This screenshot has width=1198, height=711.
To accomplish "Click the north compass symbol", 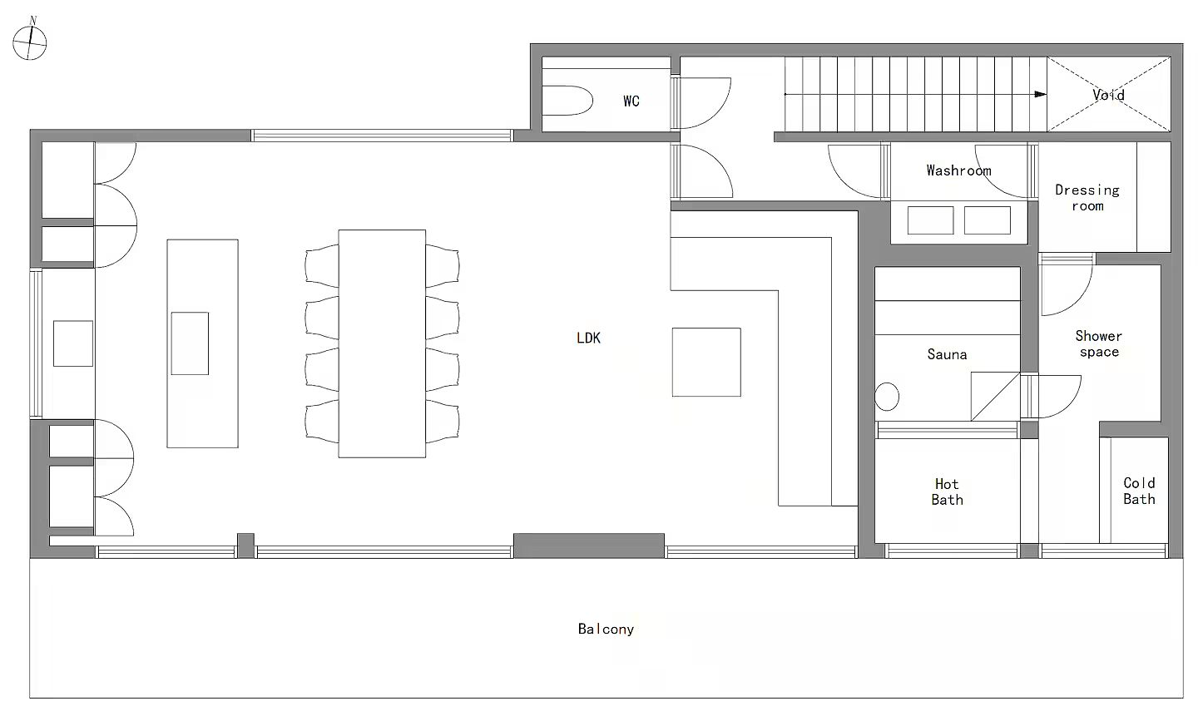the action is pyautogui.click(x=30, y=41).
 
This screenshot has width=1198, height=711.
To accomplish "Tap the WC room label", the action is pyautogui.click(x=631, y=101).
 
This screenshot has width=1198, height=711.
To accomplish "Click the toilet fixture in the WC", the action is pyautogui.click(x=567, y=101).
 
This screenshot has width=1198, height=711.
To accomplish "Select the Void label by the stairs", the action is pyautogui.click(x=1108, y=95).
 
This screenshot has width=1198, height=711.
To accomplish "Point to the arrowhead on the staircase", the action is pyautogui.click(x=1040, y=95).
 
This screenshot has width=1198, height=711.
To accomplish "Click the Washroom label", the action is pyautogui.click(x=958, y=170).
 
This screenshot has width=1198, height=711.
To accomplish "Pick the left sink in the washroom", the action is pyautogui.click(x=931, y=220).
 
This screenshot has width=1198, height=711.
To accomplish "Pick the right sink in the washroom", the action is pyautogui.click(x=988, y=220).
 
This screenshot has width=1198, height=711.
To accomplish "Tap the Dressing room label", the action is pyautogui.click(x=1087, y=198).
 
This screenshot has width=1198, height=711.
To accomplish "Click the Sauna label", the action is pyautogui.click(x=947, y=354).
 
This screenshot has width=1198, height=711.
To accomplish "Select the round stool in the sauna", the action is pyautogui.click(x=887, y=397).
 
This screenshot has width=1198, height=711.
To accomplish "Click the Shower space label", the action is pyautogui.click(x=1098, y=343).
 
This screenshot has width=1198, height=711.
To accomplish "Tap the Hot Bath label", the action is pyautogui.click(x=947, y=491).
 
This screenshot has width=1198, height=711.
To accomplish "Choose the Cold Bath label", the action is pyautogui.click(x=1139, y=491).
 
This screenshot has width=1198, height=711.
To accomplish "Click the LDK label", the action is pyautogui.click(x=588, y=338).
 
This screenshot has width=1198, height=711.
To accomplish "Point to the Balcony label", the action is pyautogui.click(x=606, y=629).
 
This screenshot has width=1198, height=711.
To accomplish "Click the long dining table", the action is pyautogui.click(x=382, y=343).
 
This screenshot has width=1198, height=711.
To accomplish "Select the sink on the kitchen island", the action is pyautogui.click(x=190, y=343).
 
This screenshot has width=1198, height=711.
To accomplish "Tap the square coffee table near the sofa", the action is pyautogui.click(x=706, y=363).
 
